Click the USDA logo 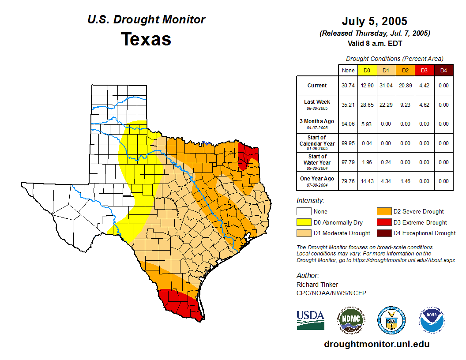click(x=310, y=320)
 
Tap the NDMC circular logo click(x=350, y=320)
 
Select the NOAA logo click(x=432, y=320)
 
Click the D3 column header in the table click(x=424, y=70)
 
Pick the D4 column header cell click(x=443, y=70)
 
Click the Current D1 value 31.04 click(x=386, y=86)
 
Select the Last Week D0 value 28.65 click(x=367, y=105)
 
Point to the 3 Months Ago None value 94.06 click(x=348, y=124)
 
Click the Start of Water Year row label click(x=317, y=162)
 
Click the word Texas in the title click(x=146, y=39)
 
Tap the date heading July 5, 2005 click(x=374, y=21)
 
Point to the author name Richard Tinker click(x=317, y=285)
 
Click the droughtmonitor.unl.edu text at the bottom click(x=376, y=344)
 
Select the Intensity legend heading click(x=310, y=200)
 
